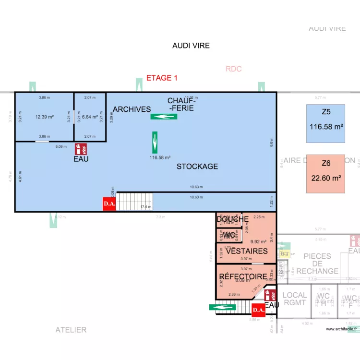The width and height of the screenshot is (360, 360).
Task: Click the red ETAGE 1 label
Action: (162, 78)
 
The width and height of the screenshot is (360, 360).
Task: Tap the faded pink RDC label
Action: (233, 69)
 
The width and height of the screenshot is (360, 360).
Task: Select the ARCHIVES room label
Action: (132, 109)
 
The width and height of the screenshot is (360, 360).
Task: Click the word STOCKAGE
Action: (197, 167)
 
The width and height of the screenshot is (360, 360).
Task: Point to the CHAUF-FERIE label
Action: (181, 104)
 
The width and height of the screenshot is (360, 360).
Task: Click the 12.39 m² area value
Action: (44, 117)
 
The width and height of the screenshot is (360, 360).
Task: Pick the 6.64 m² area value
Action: (90, 117)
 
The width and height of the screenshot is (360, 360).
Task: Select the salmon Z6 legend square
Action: (326, 173)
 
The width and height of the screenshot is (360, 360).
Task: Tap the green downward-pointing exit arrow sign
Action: (155, 140)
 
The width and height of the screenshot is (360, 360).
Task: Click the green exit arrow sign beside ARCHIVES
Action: (164, 116)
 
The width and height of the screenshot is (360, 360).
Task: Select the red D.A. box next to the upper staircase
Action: (109, 204)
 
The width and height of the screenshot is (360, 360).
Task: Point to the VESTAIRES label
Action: (246, 251)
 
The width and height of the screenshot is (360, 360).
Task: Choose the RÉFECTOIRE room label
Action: (243, 276)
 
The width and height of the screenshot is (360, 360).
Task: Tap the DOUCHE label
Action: (232, 219)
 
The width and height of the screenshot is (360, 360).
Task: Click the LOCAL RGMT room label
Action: (294, 299)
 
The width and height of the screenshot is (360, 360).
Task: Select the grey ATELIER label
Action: (71, 330)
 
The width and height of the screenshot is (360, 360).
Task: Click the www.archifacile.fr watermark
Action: (342, 329)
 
